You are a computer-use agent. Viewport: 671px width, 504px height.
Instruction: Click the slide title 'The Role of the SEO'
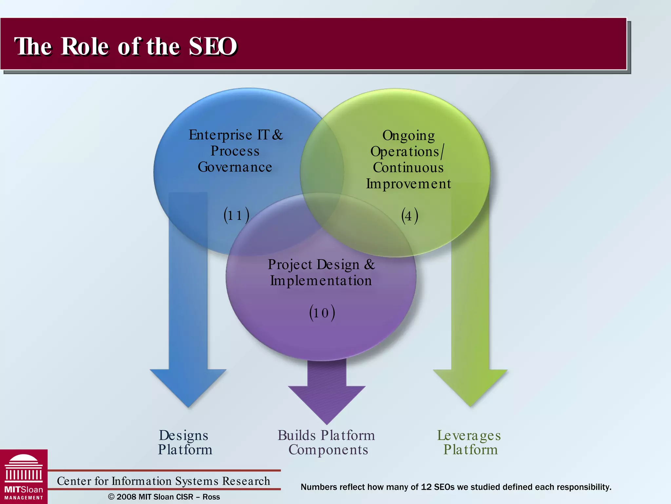point(125,46)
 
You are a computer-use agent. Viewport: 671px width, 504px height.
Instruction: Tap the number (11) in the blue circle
point(236,215)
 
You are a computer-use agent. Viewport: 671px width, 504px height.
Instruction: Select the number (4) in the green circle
point(410,216)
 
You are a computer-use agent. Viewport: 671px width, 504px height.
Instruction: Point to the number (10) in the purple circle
point(322,312)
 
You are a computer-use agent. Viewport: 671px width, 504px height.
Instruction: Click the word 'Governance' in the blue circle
point(235,167)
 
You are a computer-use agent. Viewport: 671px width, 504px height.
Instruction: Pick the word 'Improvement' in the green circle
point(408,184)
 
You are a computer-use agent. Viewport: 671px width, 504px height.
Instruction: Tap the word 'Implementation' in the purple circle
point(321,281)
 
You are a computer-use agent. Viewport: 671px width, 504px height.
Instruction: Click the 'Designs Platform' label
point(185,442)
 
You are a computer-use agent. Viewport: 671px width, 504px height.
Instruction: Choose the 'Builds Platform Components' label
point(327,442)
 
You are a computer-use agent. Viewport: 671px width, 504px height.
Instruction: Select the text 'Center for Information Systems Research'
point(163,481)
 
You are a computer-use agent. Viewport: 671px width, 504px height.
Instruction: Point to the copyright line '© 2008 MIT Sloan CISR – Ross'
point(164,497)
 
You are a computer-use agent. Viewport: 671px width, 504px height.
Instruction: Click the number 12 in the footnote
point(426,487)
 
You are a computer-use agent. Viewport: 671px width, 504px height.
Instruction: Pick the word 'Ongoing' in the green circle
point(409,136)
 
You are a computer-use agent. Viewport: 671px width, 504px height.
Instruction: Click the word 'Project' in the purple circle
point(290,265)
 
